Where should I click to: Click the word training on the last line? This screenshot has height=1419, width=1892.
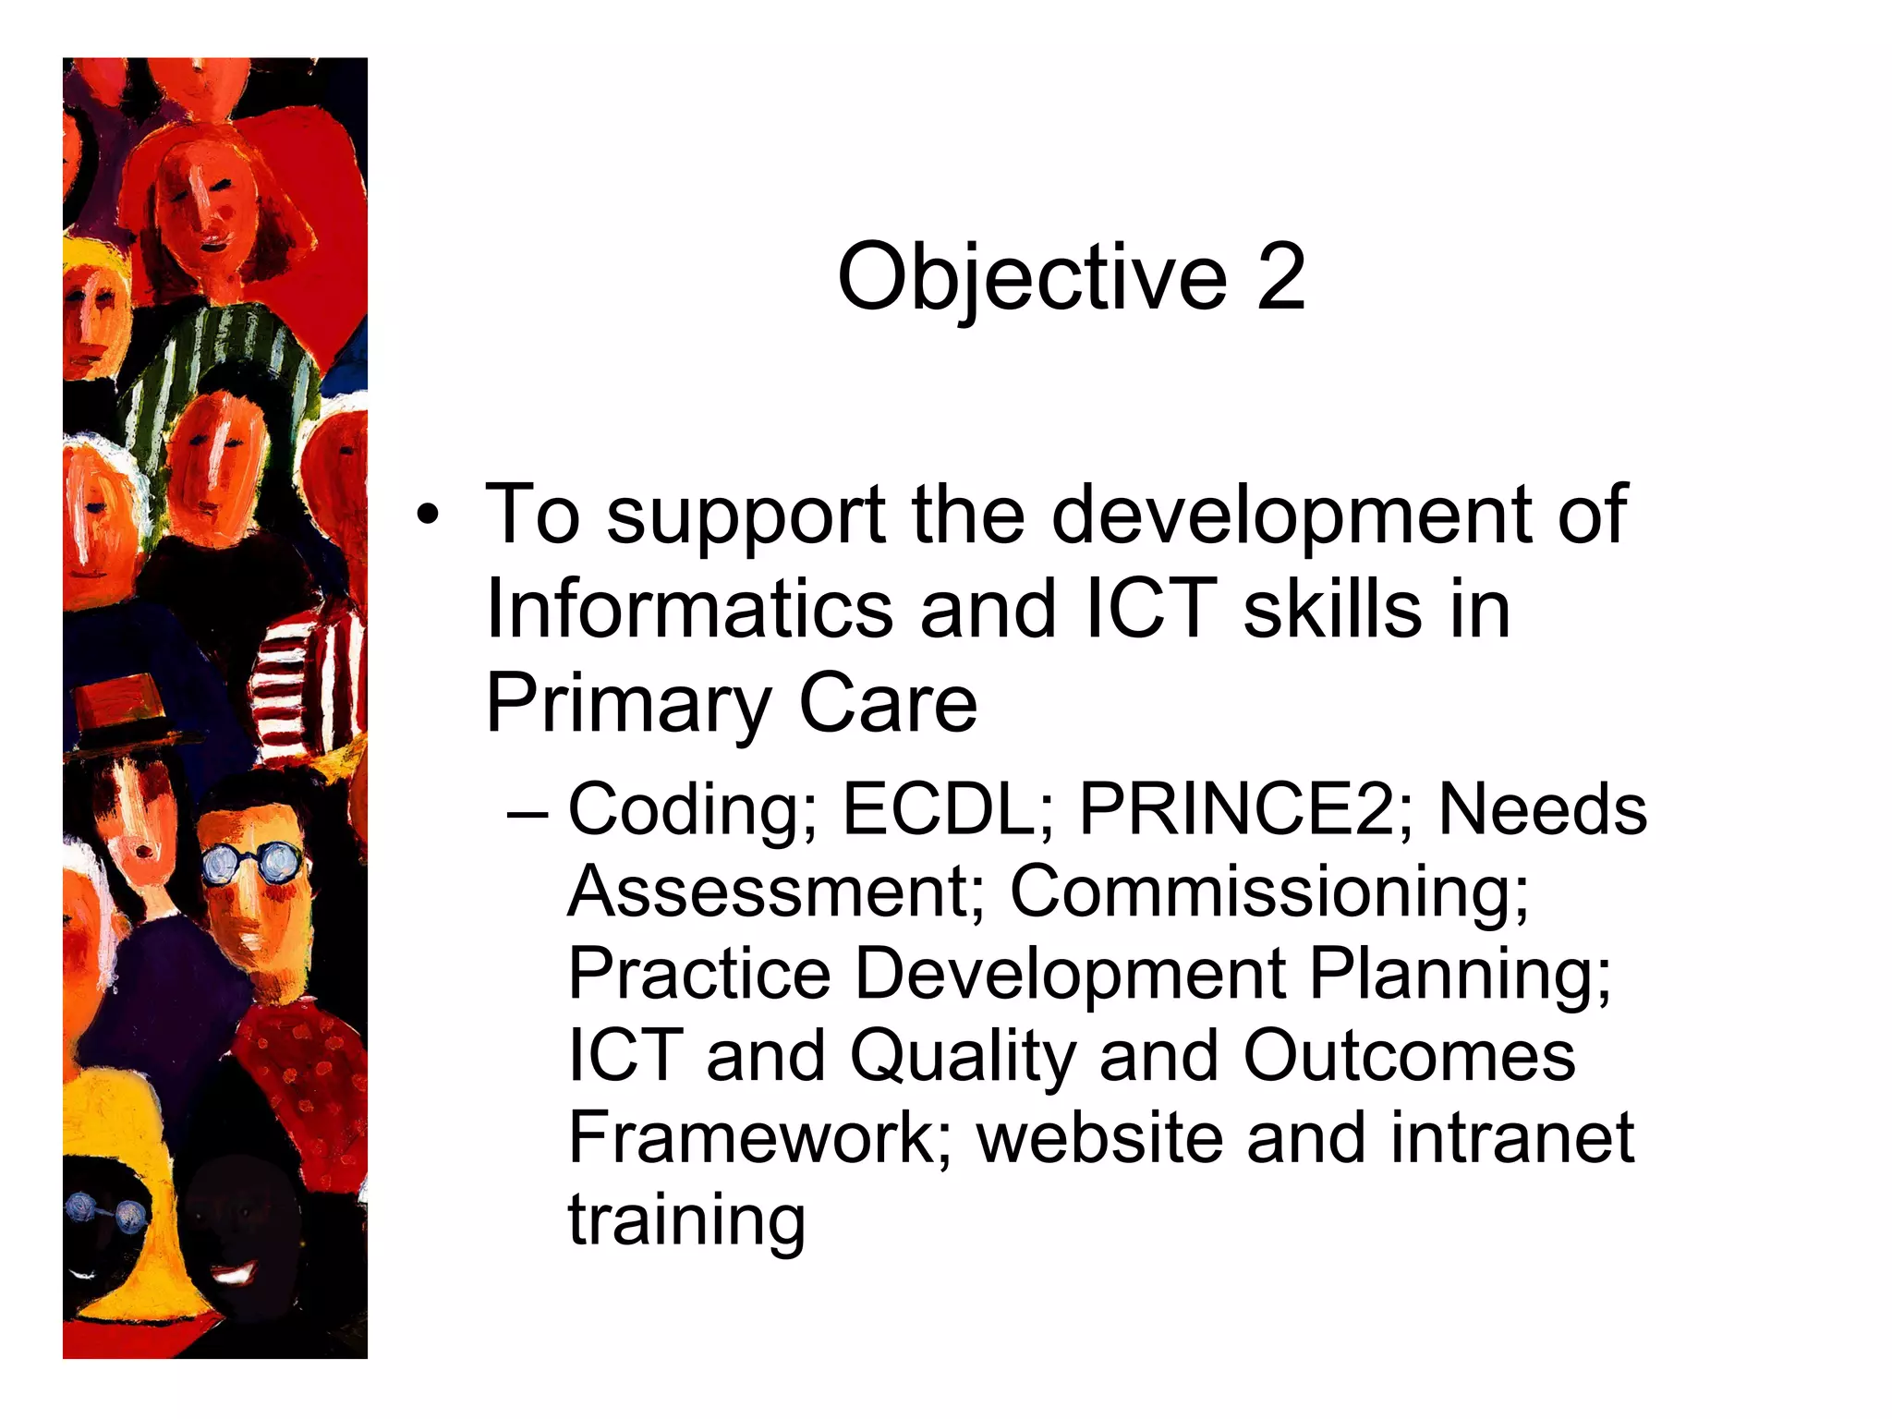[686, 1221]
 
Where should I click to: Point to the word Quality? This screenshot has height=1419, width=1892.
[963, 1056]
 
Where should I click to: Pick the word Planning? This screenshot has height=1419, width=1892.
[1461, 974]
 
